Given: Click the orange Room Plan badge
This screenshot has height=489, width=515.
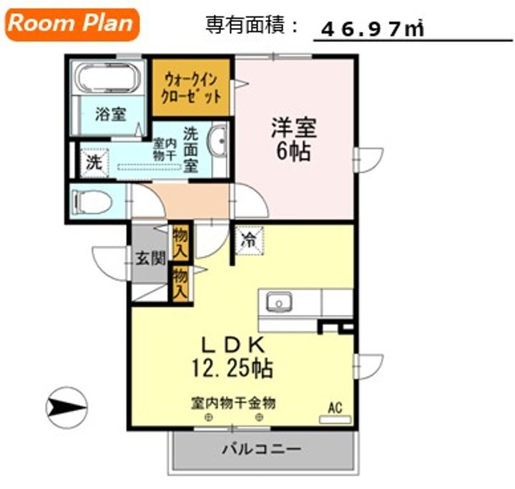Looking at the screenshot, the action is pyautogui.click(x=72, y=24).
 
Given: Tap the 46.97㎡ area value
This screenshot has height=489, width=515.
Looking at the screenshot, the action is pyautogui.click(x=373, y=29).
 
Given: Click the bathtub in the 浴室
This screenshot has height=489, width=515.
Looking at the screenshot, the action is pyautogui.click(x=107, y=77).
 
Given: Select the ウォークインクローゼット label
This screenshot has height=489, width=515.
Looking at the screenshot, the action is pyautogui.click(x=191, y=88).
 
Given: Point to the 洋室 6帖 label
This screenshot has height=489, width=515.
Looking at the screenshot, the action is pyautogui.click(x=294, y=140).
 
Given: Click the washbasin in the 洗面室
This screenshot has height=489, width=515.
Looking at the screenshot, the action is pyautogui.click(x=217, y=142).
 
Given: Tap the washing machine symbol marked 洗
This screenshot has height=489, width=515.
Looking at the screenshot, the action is pyautogui.click(x=94, y=163).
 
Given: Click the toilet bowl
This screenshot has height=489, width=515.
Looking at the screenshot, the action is pyautogui.click(x=93, y=201).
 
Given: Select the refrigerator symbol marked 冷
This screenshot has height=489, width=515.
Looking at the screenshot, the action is pyautogui.click(x=250, y=241).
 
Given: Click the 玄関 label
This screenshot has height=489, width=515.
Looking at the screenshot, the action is pyautogui.click(x=150, y=258).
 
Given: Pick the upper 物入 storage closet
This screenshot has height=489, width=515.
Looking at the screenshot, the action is pyautogui.click(x=180, y=243).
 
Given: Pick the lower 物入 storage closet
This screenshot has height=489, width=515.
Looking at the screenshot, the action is pyautogui.click(x=180, y=284).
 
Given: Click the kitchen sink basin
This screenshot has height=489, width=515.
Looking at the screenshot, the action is pyautogui.click(x=278, y=301).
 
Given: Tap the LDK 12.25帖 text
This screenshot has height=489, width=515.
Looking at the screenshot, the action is pyautogui.click(x=232, y=357).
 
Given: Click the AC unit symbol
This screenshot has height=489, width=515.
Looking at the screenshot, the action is pyautogui.click(x=335, y=420).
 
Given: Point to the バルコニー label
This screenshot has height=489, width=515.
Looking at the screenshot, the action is pyautogui.click(x=262, y=449).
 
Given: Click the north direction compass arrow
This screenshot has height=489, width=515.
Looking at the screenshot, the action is pyautogui.click(x=67, y=408).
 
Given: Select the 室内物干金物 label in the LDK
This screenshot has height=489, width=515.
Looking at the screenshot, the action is pyautogui.click(x=233, y=403).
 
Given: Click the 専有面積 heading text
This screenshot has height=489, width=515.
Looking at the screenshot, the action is pyautogui.click(x=245, y=24).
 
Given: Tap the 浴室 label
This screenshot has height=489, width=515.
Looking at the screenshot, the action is pyautogui.click(x=110, y=114).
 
